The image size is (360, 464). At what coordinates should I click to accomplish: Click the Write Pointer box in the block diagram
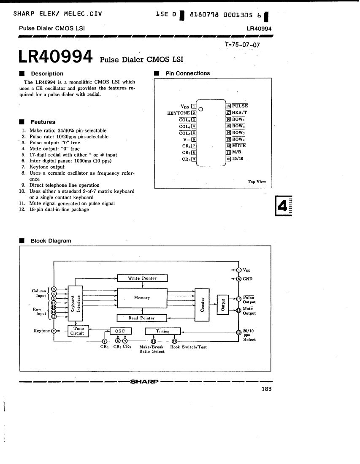pyautogui.click(x=142, y=278)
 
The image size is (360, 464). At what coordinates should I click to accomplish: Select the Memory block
pyautogui.click(x=142, y=298)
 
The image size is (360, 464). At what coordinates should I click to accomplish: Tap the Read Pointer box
pyautogui.click(x=141, y=318)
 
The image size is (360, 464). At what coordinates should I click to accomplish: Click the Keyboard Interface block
pyautogui.click(x=76, y=303)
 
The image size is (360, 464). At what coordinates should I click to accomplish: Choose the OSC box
pyautogui.click(x=121, y=331)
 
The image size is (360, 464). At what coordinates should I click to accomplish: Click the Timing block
pyautogui.click(x=162, y=331)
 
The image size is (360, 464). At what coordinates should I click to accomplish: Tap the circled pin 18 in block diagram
pyautogui.click(x=239, y=299)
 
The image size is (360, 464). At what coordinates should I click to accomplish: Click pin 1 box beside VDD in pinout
pyautogui.click(x=194, y=106)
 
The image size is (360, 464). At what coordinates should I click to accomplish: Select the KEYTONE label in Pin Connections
pyautogui.click(x=179, y=113)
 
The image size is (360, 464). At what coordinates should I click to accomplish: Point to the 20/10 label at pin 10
pyautogui.click(x=238, y=159)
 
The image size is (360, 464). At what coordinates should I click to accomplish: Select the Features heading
pyautogui.click(x=43, y=122)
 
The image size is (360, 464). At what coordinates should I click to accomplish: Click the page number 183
pyautogui.click(x=266, y=389)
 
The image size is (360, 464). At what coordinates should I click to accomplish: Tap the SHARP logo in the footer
pyautogui.click(x=144, y=382)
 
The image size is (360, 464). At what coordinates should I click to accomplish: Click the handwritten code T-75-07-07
pyautogui.click(x=243, y=45)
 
